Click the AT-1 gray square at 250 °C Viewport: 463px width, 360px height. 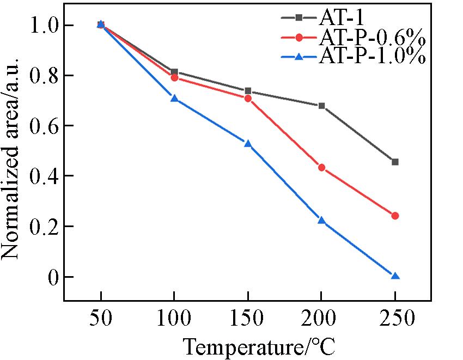click(395, 162)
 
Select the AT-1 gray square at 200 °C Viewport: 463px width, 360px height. click(321, 106)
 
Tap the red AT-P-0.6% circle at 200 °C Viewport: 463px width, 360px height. click(321, 167)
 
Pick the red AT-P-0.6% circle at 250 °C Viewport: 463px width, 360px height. click(395, 216)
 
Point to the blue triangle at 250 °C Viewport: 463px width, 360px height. click(395, 276)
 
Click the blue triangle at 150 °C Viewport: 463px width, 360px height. click(248, 144)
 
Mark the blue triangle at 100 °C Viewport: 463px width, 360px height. click(174, 99)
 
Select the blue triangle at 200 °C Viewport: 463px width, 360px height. click(321, 221)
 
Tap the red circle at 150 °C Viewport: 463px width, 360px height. click(248, 99)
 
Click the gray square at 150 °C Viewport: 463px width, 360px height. click(248, 91)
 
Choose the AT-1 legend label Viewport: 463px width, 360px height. click(339, 17)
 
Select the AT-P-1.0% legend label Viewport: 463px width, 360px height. click(370, 56)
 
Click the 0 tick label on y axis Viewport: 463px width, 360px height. click(52, 277)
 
